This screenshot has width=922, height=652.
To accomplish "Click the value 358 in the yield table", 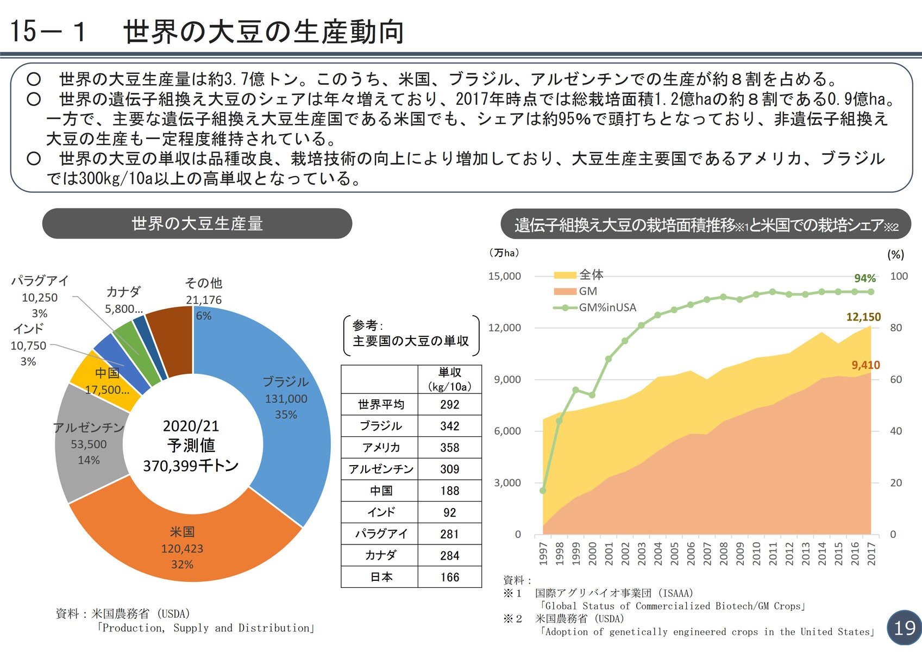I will point(449,448).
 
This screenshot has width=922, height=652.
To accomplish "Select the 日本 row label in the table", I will point(381,577).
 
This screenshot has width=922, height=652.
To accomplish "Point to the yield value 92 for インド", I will point(449,512).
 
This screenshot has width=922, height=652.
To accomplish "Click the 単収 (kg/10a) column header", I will point(449,379).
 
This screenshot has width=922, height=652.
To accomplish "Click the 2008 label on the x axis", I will point(724,553).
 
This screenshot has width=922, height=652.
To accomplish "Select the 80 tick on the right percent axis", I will point(896,328).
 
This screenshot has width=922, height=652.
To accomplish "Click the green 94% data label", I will point(864,278).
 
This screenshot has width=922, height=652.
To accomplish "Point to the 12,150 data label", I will point(863,317).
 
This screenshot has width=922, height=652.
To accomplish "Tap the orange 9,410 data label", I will point(865,365).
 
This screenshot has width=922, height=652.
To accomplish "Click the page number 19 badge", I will point(904,628).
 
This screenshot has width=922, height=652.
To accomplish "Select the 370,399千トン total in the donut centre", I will point(191,466).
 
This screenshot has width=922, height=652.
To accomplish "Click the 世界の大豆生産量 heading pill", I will point(197,223).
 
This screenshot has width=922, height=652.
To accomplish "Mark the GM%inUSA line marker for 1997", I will point(543,491).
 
